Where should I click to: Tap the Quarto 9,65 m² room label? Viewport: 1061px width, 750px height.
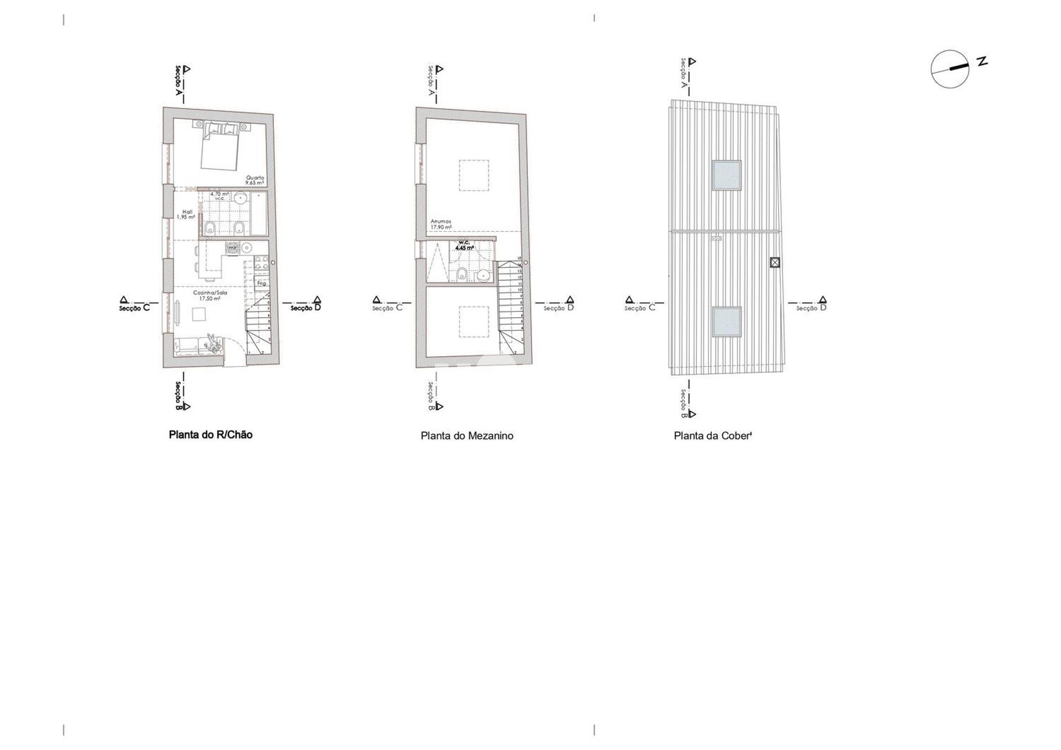pos(255,180)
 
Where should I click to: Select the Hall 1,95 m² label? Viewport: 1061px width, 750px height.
pos(186,214)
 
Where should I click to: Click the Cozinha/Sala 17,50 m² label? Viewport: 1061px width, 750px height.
pos(210,295)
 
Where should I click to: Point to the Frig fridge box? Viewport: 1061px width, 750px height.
pos(261,283)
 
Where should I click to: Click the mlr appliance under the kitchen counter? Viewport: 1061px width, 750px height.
pos(233,248)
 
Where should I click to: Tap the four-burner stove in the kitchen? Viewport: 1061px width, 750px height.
pos(261,263)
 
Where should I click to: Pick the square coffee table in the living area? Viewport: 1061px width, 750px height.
pos(199,314)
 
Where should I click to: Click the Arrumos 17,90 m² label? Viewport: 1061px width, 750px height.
pos(441,224)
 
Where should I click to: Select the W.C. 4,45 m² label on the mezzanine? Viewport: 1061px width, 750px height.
pos(464,245)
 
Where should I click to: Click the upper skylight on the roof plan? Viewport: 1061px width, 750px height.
pos(726,175)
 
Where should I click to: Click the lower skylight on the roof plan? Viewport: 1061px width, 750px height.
pos(726,321)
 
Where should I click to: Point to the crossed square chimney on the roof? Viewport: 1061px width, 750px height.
pos(775,262)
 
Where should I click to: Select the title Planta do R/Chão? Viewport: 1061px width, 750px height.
pos(211,435)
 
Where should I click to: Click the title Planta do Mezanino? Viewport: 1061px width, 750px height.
pos(467,436)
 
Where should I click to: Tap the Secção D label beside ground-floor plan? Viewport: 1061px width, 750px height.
pos(306,308)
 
